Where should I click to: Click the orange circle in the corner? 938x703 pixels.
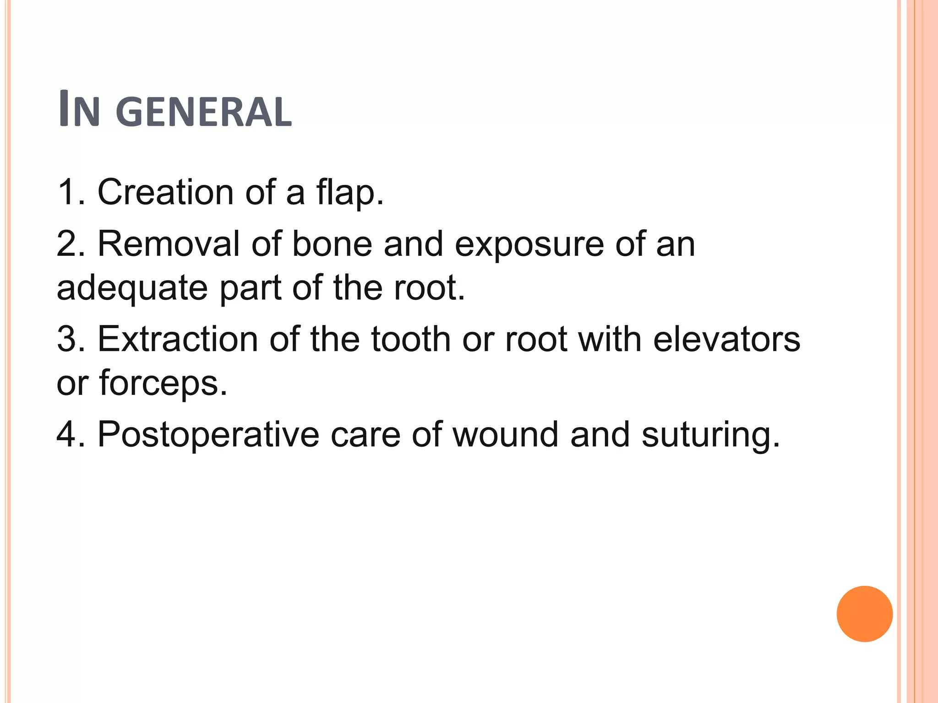[x=864, y=614]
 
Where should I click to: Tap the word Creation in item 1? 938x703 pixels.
[x=166, y=192]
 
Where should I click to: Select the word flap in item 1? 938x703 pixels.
[x=349, y=192]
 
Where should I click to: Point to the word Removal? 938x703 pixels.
[x=169, y=244]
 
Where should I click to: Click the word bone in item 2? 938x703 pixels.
[x=332, y=244]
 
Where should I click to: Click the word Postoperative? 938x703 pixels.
[x=208, y=434]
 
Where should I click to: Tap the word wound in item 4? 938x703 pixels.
[x=505, y=434]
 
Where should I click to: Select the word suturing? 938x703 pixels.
[x=710, y=435]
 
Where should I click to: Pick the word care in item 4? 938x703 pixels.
[x=365, y=435]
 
